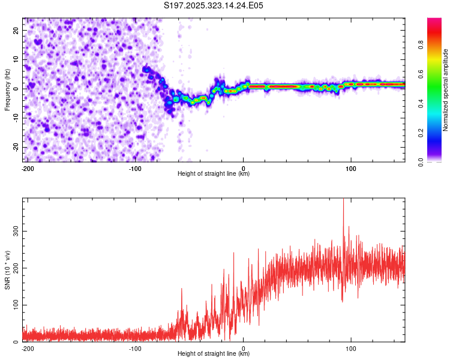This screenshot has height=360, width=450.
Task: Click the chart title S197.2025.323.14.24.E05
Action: pyautogui.click(x=214, y=5)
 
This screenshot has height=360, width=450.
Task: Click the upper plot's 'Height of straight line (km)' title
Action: pyautogui.click(x=214, y=174)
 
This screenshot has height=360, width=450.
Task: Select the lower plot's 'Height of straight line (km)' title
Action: pyautogui.click(x=214, y=353)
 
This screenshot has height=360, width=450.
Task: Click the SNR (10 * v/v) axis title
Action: pyautogui.click(x=7, y=269)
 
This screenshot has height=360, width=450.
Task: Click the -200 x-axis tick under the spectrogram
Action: pyautogui.click(x=27, y=168)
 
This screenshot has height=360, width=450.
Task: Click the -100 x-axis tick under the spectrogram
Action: pyautogui.click(x=135, y=168)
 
